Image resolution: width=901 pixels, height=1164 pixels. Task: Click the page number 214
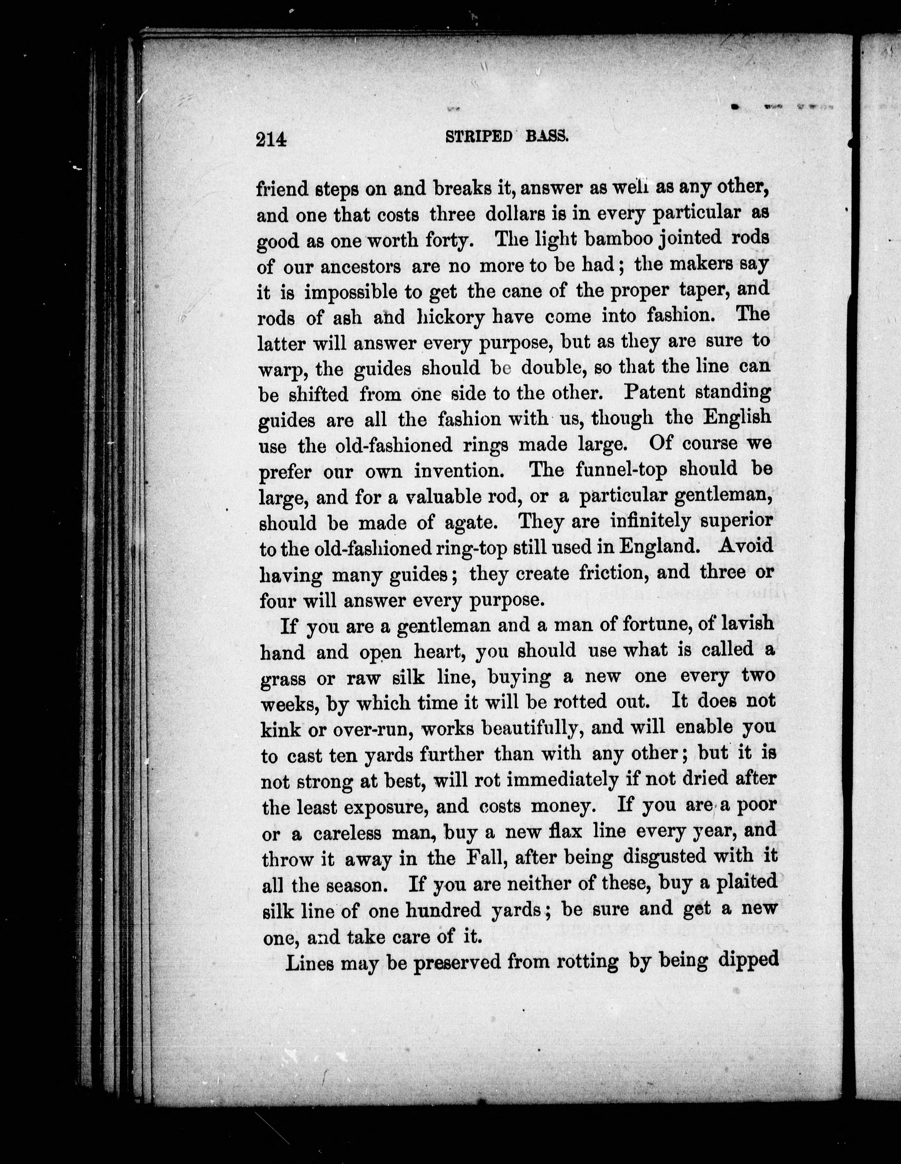pyautogui.click(x=271, y=140)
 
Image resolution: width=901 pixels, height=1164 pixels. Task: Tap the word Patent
pyautogui.click(x=654, y=392)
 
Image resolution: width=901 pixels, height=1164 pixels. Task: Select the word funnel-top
pyautogui.click(x=622, y=469)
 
